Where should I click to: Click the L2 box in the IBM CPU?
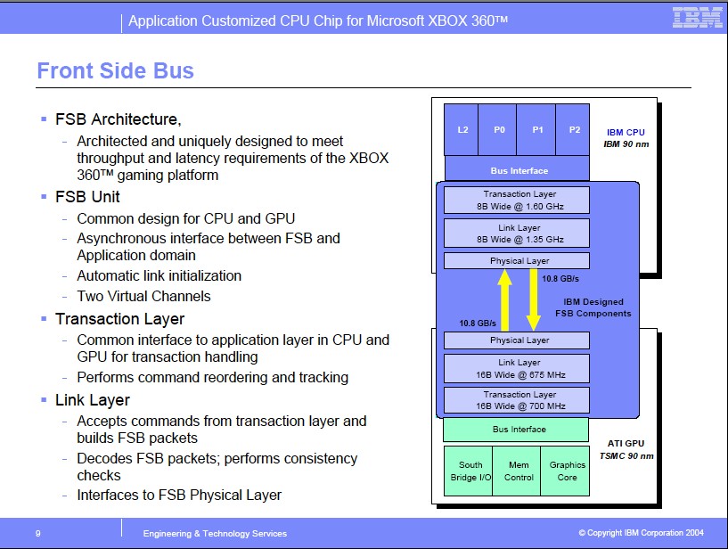[462, 129]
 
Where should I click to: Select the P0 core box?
[499, 129]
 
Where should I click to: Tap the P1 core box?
[537, 129]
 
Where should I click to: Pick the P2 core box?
[574, 129]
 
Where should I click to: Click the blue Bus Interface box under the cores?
[519, 170]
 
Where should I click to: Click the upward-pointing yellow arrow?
[503, 300]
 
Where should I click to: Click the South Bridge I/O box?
[470, 471]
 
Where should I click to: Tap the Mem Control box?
[519, 471]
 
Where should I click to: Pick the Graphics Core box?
[567, 471]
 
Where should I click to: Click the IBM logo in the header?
[697, 17]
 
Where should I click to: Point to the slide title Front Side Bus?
[115, 70]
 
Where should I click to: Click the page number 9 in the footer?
[38, 533]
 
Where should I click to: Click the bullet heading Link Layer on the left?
[93, 400]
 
